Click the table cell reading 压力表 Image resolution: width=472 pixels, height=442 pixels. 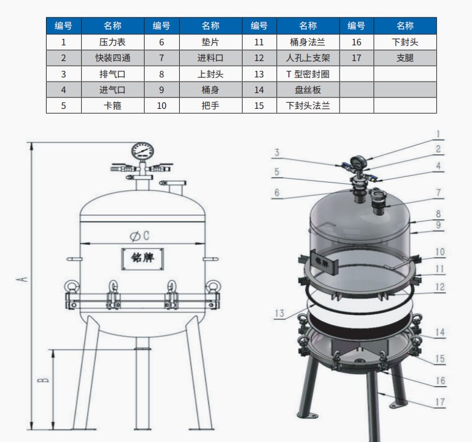click(113, 42)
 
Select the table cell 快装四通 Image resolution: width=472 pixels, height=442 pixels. click(113, 58)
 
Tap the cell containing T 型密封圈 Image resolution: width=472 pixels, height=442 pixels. click(308, 74)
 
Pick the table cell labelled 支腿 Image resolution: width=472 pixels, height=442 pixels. click(405, 58)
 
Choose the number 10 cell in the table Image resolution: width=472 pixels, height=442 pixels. click(162, 106)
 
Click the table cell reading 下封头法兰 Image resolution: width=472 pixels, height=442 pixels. click(308, 106)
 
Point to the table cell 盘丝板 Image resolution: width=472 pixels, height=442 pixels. click(308, 89)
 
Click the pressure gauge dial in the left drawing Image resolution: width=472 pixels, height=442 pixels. click(142, 152)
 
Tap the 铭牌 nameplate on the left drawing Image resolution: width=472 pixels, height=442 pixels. click(143, 258)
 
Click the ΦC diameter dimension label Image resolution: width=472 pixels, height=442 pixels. click(140, 236)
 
